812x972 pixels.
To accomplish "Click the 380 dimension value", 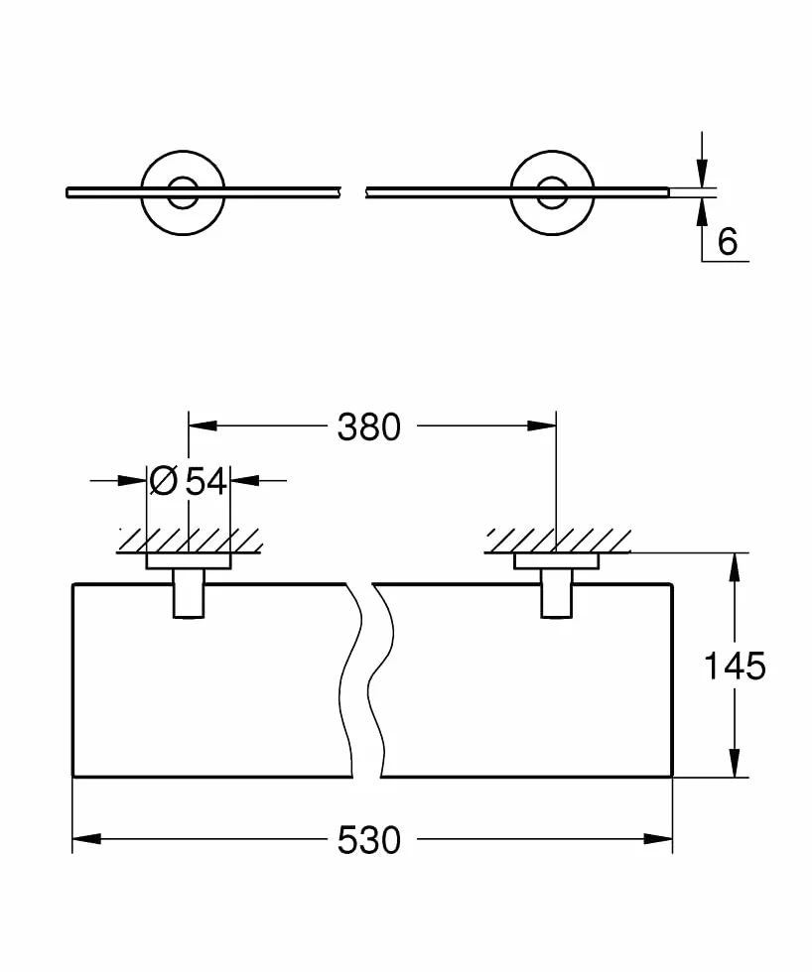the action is point(369,427).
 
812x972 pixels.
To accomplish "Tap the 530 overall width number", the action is point(369,841).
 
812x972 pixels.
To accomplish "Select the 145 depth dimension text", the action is point(736,667).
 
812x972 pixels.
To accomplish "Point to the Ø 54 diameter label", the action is point(189,480).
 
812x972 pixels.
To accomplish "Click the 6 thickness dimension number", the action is point(728,241).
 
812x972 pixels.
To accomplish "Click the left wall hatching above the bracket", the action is point(191,541).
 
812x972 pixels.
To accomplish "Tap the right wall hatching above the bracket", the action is point(558,541).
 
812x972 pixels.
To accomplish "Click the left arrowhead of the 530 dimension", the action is point(86,839).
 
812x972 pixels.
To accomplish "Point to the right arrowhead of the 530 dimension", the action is point(658,839).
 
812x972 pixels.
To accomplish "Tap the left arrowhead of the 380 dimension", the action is point(203,425).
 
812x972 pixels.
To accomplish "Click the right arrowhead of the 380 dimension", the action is point(542,425).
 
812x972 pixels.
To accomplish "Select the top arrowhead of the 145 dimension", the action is point(735,566).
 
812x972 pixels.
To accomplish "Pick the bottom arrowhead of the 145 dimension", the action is point(735,763).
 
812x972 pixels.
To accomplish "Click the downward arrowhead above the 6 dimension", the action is point(702,174).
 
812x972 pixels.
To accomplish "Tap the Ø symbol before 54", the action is point(164,480).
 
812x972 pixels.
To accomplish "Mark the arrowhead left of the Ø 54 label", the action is point(131,480).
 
